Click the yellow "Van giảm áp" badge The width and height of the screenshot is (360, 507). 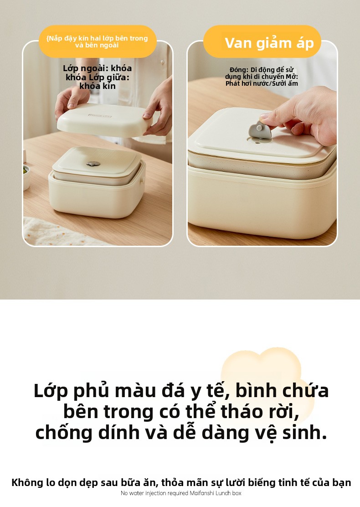click(x=262, y=41)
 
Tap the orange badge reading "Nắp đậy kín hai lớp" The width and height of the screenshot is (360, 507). click(x=98, y=41)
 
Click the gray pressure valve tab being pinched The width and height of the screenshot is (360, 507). click(x=260, y=130)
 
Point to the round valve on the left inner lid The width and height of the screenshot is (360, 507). click(x=93, y=164)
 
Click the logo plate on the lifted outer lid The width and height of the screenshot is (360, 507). click(x=100, y=115)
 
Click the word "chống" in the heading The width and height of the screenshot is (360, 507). click(x=64, y=433)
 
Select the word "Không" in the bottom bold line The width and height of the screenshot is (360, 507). click(x=27, y=482)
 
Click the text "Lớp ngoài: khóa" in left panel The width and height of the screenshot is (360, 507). click(x=97, y=68)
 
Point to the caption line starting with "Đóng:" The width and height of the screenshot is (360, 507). click(x=262, y=70)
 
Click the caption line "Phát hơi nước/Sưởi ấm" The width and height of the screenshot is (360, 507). click(x=262, y=83)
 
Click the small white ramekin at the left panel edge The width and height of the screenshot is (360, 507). click(x=26, y=177)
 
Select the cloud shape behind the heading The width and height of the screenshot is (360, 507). click(x=268, y=382)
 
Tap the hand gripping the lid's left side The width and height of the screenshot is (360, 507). click(x=71, y=101)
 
